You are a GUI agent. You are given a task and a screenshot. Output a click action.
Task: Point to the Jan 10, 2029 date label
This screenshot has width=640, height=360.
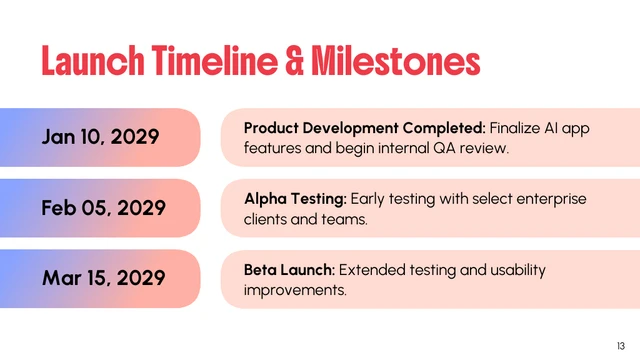[100, 137]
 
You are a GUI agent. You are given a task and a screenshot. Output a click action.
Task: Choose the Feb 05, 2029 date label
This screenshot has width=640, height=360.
[102, 208]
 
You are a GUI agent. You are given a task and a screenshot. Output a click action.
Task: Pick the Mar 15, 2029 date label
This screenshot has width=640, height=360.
[102, 278]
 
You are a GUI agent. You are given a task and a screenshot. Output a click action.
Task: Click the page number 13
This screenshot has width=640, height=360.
[620, 345]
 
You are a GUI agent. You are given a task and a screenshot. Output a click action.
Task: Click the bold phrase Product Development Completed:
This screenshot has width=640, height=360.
[364, 128]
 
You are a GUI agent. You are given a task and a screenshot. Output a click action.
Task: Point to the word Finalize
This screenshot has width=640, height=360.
[518, 128]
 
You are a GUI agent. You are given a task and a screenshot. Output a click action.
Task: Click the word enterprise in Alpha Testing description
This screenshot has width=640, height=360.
[550, 199]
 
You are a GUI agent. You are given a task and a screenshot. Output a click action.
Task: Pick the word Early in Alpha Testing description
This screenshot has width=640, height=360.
[369, 199]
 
